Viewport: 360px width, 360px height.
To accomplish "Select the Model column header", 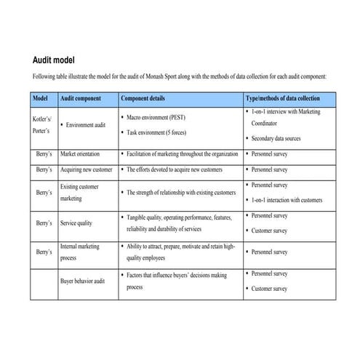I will pyautogui.click(x=42, y=97).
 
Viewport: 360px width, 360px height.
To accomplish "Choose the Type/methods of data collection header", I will pyautogui.click(x=282, y=97).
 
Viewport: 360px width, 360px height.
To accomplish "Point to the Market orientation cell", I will pyautogui.click(x=80, y=154).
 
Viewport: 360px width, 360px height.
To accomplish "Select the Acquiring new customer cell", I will pyautogui.click(x=86, y=169).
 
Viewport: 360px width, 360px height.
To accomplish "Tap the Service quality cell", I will pyautogui.click(x=76, y=223).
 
